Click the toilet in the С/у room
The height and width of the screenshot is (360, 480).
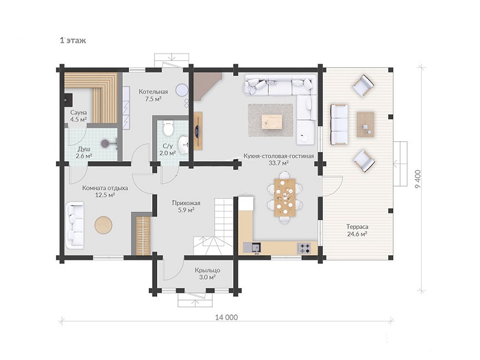pyautogui.click(x=169, y=128)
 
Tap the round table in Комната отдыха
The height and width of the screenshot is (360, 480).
pyautogui.click(x=104, y=225)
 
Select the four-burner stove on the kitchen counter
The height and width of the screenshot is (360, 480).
pyautogui.click(x=304, y=248)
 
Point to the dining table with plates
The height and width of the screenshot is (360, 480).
pyautogui.click(x=285, y=197)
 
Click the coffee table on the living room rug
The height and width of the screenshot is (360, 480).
pyautogui.click(x=272, y=122)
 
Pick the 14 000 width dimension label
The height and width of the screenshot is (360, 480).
pyautogui.click(x=226, y=317)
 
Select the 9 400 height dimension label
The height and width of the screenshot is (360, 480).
pyautogui.click(x=419, y=179)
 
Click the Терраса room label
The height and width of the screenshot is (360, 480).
pyautogui.click(x=357, y=227)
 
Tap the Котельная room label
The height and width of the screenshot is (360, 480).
pyautogui.click(x=153, y=92)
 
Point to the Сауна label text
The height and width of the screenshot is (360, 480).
pyautogui.click(x=78, y=112)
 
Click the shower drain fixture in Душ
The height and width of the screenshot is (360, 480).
pyautogui.click(x=106, y=143)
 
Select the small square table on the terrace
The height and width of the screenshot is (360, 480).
pyautogui.click(x=365, y=124)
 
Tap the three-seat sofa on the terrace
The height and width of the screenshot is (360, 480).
pyautogui.click(x=339, y=124)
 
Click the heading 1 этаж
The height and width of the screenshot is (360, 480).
pyautogui.click(x=73, y=40)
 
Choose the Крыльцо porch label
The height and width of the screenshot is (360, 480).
pyautogui.click(x=208, y=270)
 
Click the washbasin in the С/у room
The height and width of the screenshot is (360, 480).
pyautogui.click(x=184, y=144)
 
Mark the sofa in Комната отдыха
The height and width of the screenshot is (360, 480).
pyautogui.click(x=75, y=224)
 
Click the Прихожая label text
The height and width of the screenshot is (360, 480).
pyautogui.click(x=186, y=203)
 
